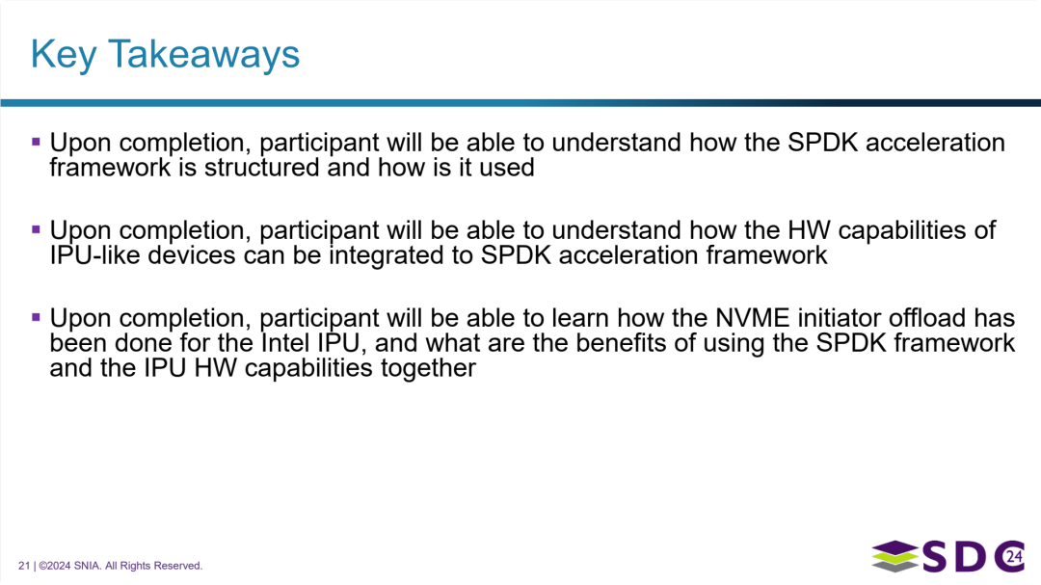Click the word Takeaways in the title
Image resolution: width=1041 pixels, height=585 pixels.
pos(203,54)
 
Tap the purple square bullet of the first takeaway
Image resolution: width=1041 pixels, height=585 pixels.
pos(36,142)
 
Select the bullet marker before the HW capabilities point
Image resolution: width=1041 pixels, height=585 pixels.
pos(36,229)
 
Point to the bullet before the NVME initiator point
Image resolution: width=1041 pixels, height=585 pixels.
pos(36,317)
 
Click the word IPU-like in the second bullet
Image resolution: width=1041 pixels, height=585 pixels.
pos(94,255)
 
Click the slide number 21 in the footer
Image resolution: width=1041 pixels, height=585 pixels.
pos(24,566)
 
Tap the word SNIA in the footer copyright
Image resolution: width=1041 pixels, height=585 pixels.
pos(87,566)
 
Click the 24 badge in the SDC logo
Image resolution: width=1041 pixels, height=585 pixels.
pos(1014,556)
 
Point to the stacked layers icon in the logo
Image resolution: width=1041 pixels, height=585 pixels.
pos(894,556)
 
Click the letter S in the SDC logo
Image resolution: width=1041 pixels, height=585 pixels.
pos(935,556)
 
